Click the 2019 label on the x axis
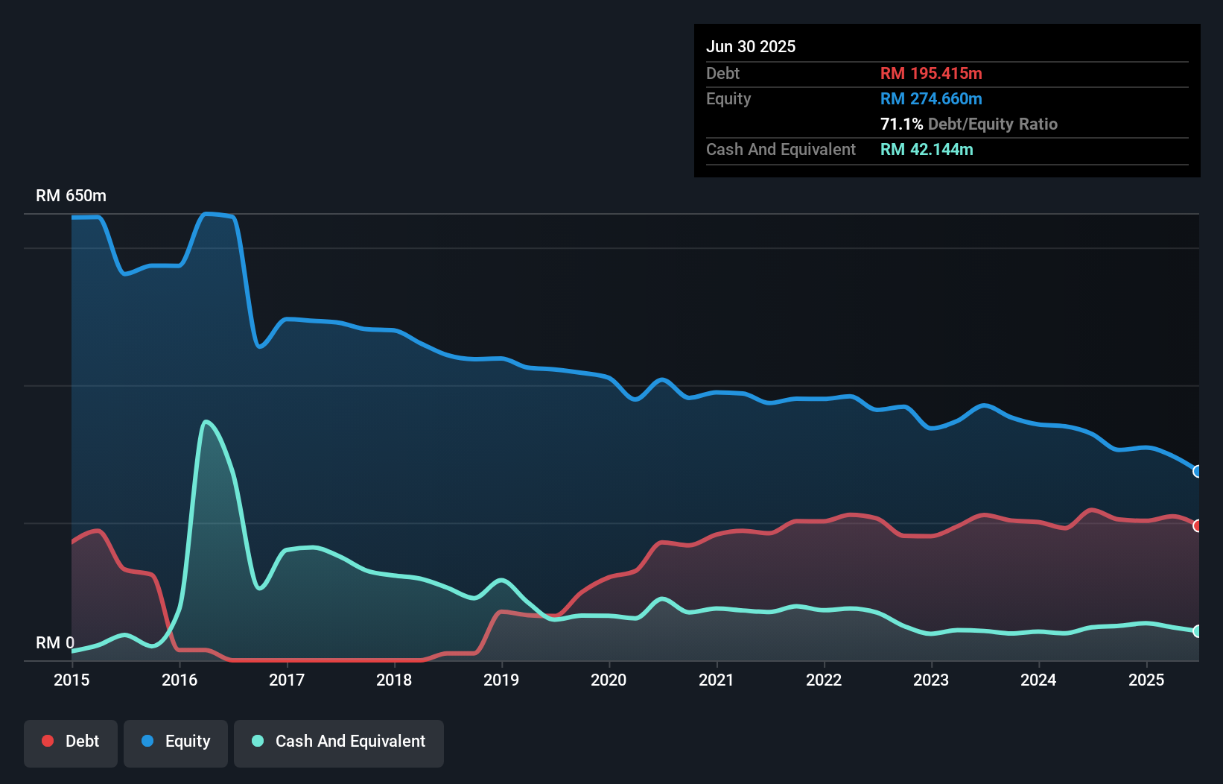(x=501, y=680)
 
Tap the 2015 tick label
(x=72, y=680)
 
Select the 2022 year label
(x=824, y=680)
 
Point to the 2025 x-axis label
(x=1146, y=680)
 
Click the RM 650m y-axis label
(x=71, y=195)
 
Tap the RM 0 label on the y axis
(x=55, y=642)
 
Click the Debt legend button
(x=71, y=742)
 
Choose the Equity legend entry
(x=176, y=742)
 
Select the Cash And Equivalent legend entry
(x=339, y=742)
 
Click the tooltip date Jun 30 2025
(x=751, y=46)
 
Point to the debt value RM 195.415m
(x=931, y=73)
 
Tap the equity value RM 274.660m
(x=931, y=98)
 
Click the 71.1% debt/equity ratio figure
(x=901, y=124)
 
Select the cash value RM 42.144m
(x=927, y=149)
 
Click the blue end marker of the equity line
(x=1198, y=471)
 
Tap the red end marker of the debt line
(x=1198, y=525)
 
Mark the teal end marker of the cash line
(x=1198, y=630)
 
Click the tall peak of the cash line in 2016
(x=206, y=422)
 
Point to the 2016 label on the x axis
(x=180, y=680)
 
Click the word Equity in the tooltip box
(x=728, y=98)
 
